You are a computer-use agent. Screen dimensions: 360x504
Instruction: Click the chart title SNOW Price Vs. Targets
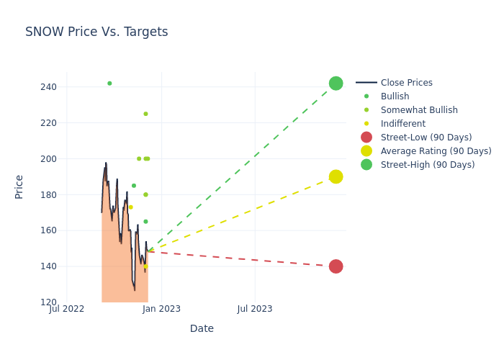[x=96, y=32]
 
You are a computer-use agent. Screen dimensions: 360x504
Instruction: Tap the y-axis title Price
[x=19, y=186]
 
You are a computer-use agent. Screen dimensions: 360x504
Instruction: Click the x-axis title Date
[x=202, y=328]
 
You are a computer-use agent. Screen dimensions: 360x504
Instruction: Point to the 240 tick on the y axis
[x=49, y=87]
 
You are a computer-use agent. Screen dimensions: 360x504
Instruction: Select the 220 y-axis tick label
[x=49, y=123]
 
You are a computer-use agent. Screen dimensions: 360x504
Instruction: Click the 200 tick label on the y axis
[x=49, y=159]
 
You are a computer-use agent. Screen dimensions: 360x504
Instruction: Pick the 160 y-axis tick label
[x=49, y=230]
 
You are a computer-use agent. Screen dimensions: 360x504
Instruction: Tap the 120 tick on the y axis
[x=49, y=302]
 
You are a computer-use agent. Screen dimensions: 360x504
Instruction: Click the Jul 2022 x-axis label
[x=67, y=310]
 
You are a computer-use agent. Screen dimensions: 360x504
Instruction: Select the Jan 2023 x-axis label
[x=161, y=310]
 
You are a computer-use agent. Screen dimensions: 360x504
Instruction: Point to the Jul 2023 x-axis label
[x=255, y=310]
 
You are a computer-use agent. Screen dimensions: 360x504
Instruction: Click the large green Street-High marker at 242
[x=336, y=84]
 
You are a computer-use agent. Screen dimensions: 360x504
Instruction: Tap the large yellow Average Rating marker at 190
[x=336, y=176]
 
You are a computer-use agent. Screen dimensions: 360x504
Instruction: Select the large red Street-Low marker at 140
[x=336, y=266]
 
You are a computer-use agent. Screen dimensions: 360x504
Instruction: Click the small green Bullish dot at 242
[x=109, y=84]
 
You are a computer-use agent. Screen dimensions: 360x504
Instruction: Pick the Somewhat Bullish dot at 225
[x=145, y=114]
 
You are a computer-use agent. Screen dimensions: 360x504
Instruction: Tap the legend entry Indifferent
[x=402, y=124]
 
